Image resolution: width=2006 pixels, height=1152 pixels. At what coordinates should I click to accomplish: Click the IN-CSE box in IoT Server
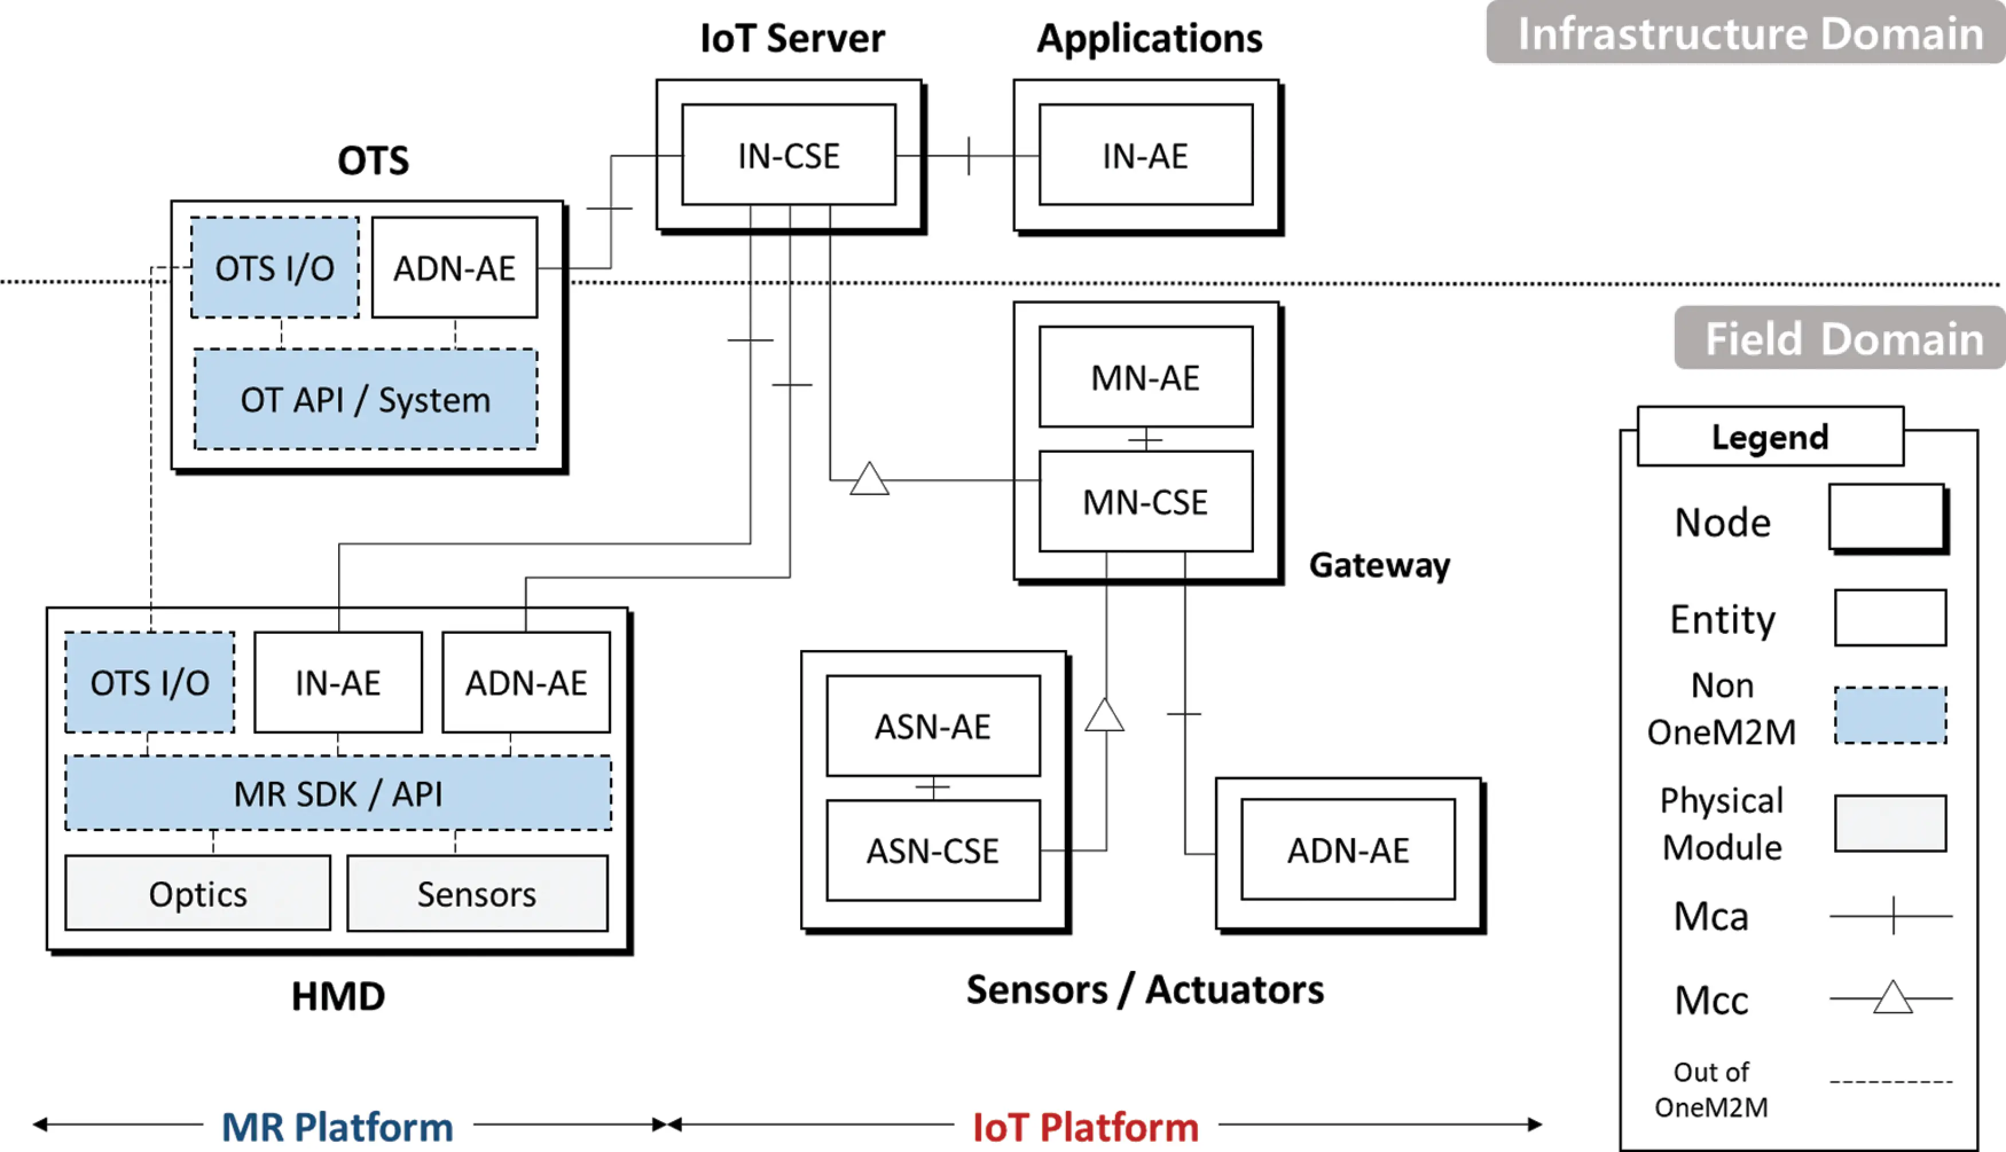point(789,155)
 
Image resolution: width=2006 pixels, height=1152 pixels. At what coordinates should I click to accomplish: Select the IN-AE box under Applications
point(1145,155)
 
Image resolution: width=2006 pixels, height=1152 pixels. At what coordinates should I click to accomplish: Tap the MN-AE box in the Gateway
point(1145,377)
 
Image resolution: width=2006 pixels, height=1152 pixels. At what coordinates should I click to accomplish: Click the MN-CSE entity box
point(1145,501)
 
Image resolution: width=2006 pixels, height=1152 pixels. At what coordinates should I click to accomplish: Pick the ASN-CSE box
point(933,851)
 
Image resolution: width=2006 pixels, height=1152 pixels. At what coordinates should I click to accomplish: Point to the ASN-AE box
point(933,726)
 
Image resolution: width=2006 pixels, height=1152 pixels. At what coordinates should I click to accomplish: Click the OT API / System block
point(366,399)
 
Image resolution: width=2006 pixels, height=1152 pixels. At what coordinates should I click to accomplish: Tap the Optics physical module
point(198,894)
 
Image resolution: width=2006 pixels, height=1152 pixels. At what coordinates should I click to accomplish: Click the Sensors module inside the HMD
point(477,894)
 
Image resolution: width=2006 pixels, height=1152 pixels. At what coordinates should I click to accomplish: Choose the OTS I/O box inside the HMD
point(150,682)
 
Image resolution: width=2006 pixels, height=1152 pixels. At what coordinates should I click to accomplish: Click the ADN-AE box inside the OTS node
point(454,268)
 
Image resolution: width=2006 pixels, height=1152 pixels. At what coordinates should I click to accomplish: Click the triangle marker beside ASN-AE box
point(1104,716)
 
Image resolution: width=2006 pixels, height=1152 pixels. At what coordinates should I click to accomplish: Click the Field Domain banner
point(1842,339)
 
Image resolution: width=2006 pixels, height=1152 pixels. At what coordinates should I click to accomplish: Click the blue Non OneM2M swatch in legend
point(1890,715)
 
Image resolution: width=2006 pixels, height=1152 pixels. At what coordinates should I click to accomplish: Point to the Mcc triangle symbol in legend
point(1892,998)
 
